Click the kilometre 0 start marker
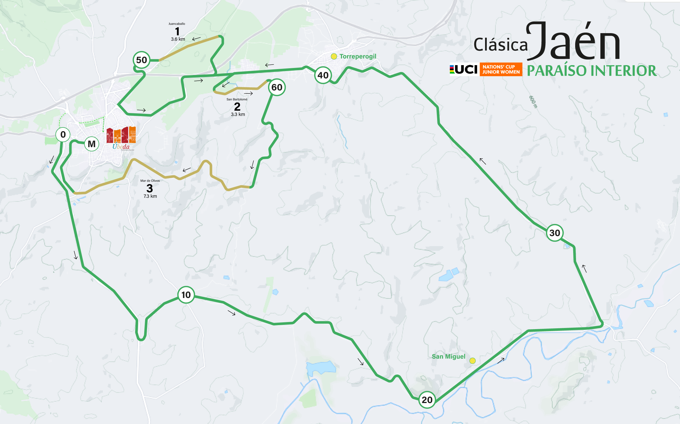(x=63, y=135)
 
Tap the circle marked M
(x=92, y=144)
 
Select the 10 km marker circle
(x=186, y=295)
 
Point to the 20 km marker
(x=427, y=400)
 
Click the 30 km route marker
(x=554, y=233)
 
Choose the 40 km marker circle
(x=323, y=75)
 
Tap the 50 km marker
(x=141, y=60)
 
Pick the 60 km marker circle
(x=277, y=87)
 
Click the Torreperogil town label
(x=358, y=56)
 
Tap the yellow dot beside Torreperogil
(x=334, y=56)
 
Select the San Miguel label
(x=449, y=357)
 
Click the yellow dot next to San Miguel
(x=472, y=361)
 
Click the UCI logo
(x=464, y=69)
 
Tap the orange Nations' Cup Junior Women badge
(x=501, y=69)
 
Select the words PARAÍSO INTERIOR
(x=592, y=71)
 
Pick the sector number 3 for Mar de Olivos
(x=150, y=188)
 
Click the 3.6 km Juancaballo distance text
(x=178, y=39)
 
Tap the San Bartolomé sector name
(x=237, y=99)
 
